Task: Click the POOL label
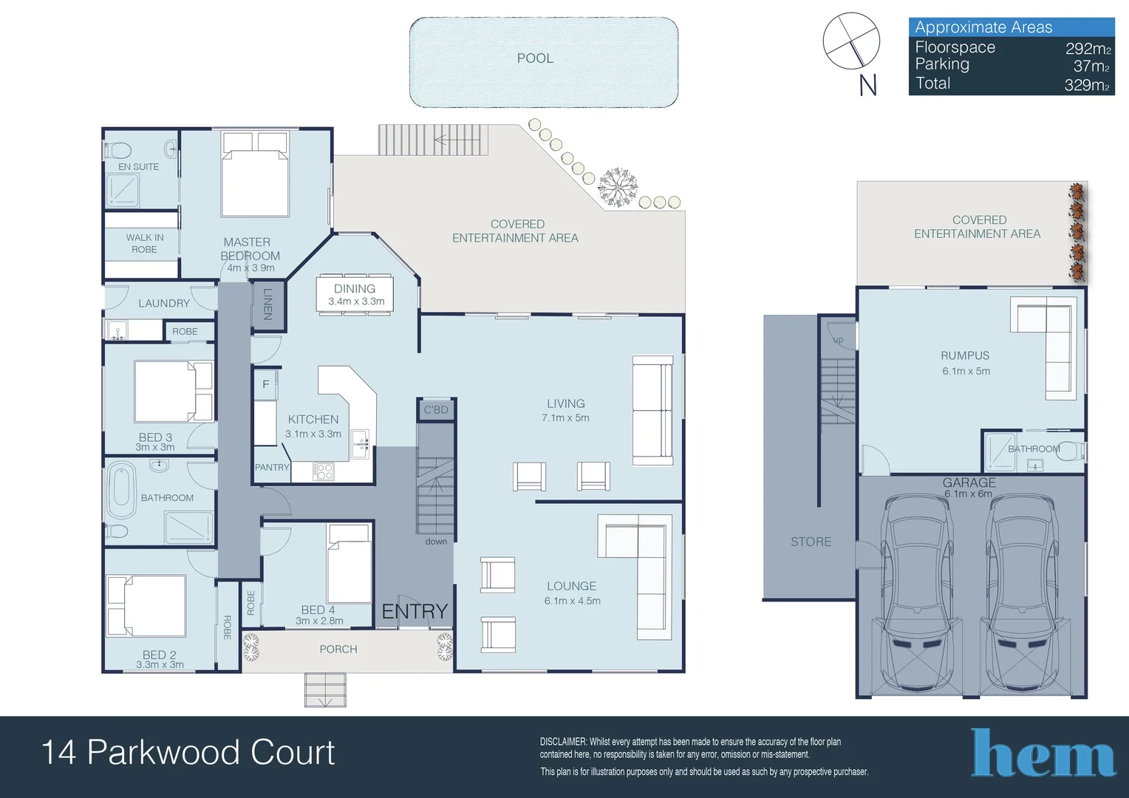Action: coord(535,58)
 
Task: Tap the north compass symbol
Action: coord(851,41)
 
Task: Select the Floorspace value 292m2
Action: coord(1088,49)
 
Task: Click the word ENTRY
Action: coord(415,611)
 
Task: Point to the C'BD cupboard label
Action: coord(435,409)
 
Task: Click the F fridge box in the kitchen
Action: coord(266,384)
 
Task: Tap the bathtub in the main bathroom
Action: coord(121,490)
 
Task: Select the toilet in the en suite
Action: coord(118,150)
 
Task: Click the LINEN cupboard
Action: coord(267,304)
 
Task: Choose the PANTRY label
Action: coord(272,467)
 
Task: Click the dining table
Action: coord(355,294)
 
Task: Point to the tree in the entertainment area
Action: coord(617,187)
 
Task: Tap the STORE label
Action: coord(811,542)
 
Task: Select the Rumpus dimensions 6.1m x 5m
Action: coord(966,371)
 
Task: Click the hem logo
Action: coord(1043,754)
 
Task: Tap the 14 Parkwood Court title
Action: coord(188,752)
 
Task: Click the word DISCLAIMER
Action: coord(563,742)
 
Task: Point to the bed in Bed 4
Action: coord(349,565)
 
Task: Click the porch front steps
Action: coord(325,689)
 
